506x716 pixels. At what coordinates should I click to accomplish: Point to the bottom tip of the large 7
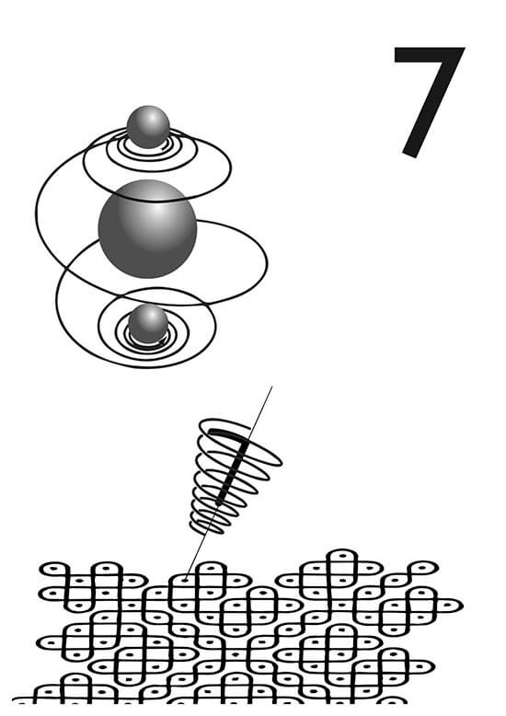click(x=409, y=156)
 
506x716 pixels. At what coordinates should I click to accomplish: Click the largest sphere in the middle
click(x=147, y=229)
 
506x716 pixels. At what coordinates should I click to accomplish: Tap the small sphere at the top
click(x=148, y=127)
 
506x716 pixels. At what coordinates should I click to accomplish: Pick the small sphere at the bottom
click(x=148, y=324)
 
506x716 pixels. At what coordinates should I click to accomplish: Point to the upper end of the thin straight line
click(x=272, y=387)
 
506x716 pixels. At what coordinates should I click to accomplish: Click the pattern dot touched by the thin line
click(x=186, y=580)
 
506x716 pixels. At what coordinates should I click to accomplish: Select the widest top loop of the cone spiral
click(x=241, y=443)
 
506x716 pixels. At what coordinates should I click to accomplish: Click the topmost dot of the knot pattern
click(x=342, y=556)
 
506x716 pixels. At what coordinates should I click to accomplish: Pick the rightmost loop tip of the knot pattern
click(x=463, y=606)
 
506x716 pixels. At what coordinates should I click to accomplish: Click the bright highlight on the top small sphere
click(x=158, y=118)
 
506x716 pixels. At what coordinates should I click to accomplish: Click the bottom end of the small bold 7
click(x=219, y=503)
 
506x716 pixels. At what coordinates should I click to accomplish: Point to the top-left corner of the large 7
click(x=394, y=47)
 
